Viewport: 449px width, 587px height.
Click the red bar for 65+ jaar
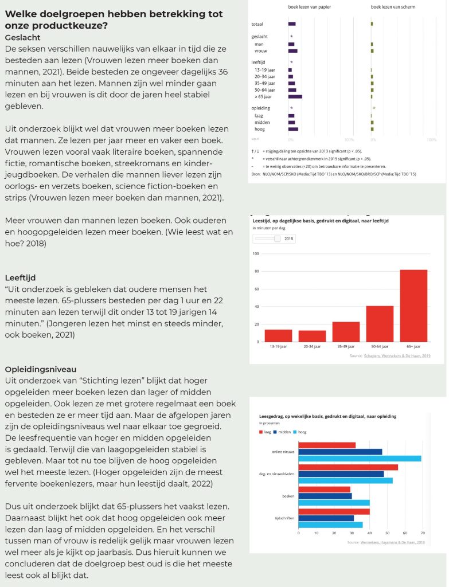click(413, 306)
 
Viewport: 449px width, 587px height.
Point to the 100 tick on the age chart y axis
click(256, 254)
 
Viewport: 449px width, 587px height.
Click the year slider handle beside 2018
click(278, 238)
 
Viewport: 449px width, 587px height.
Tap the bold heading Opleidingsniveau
click(40, 369)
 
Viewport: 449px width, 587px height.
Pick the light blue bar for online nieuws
click(360, 459)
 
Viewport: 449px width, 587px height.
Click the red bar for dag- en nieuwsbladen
click(348, 467)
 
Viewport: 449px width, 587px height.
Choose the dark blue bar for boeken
click(325, 496)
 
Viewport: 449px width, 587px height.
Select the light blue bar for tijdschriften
click(330, 525)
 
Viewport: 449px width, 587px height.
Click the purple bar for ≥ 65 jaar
click(295, 96)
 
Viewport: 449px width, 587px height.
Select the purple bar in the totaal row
click(292, 24)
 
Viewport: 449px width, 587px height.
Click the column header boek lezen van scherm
click(393, 7)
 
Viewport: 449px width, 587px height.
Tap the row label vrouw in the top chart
click(261, 51)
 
